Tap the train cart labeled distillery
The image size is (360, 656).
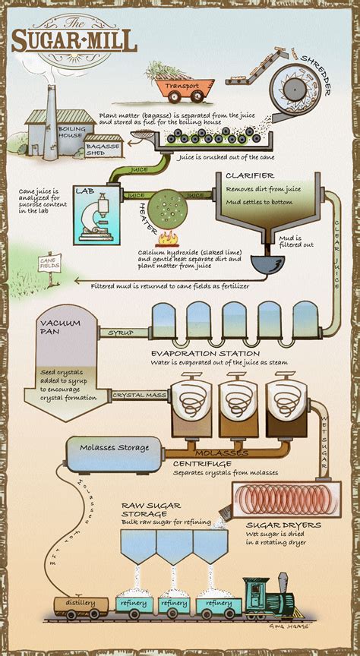[81, 604]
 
